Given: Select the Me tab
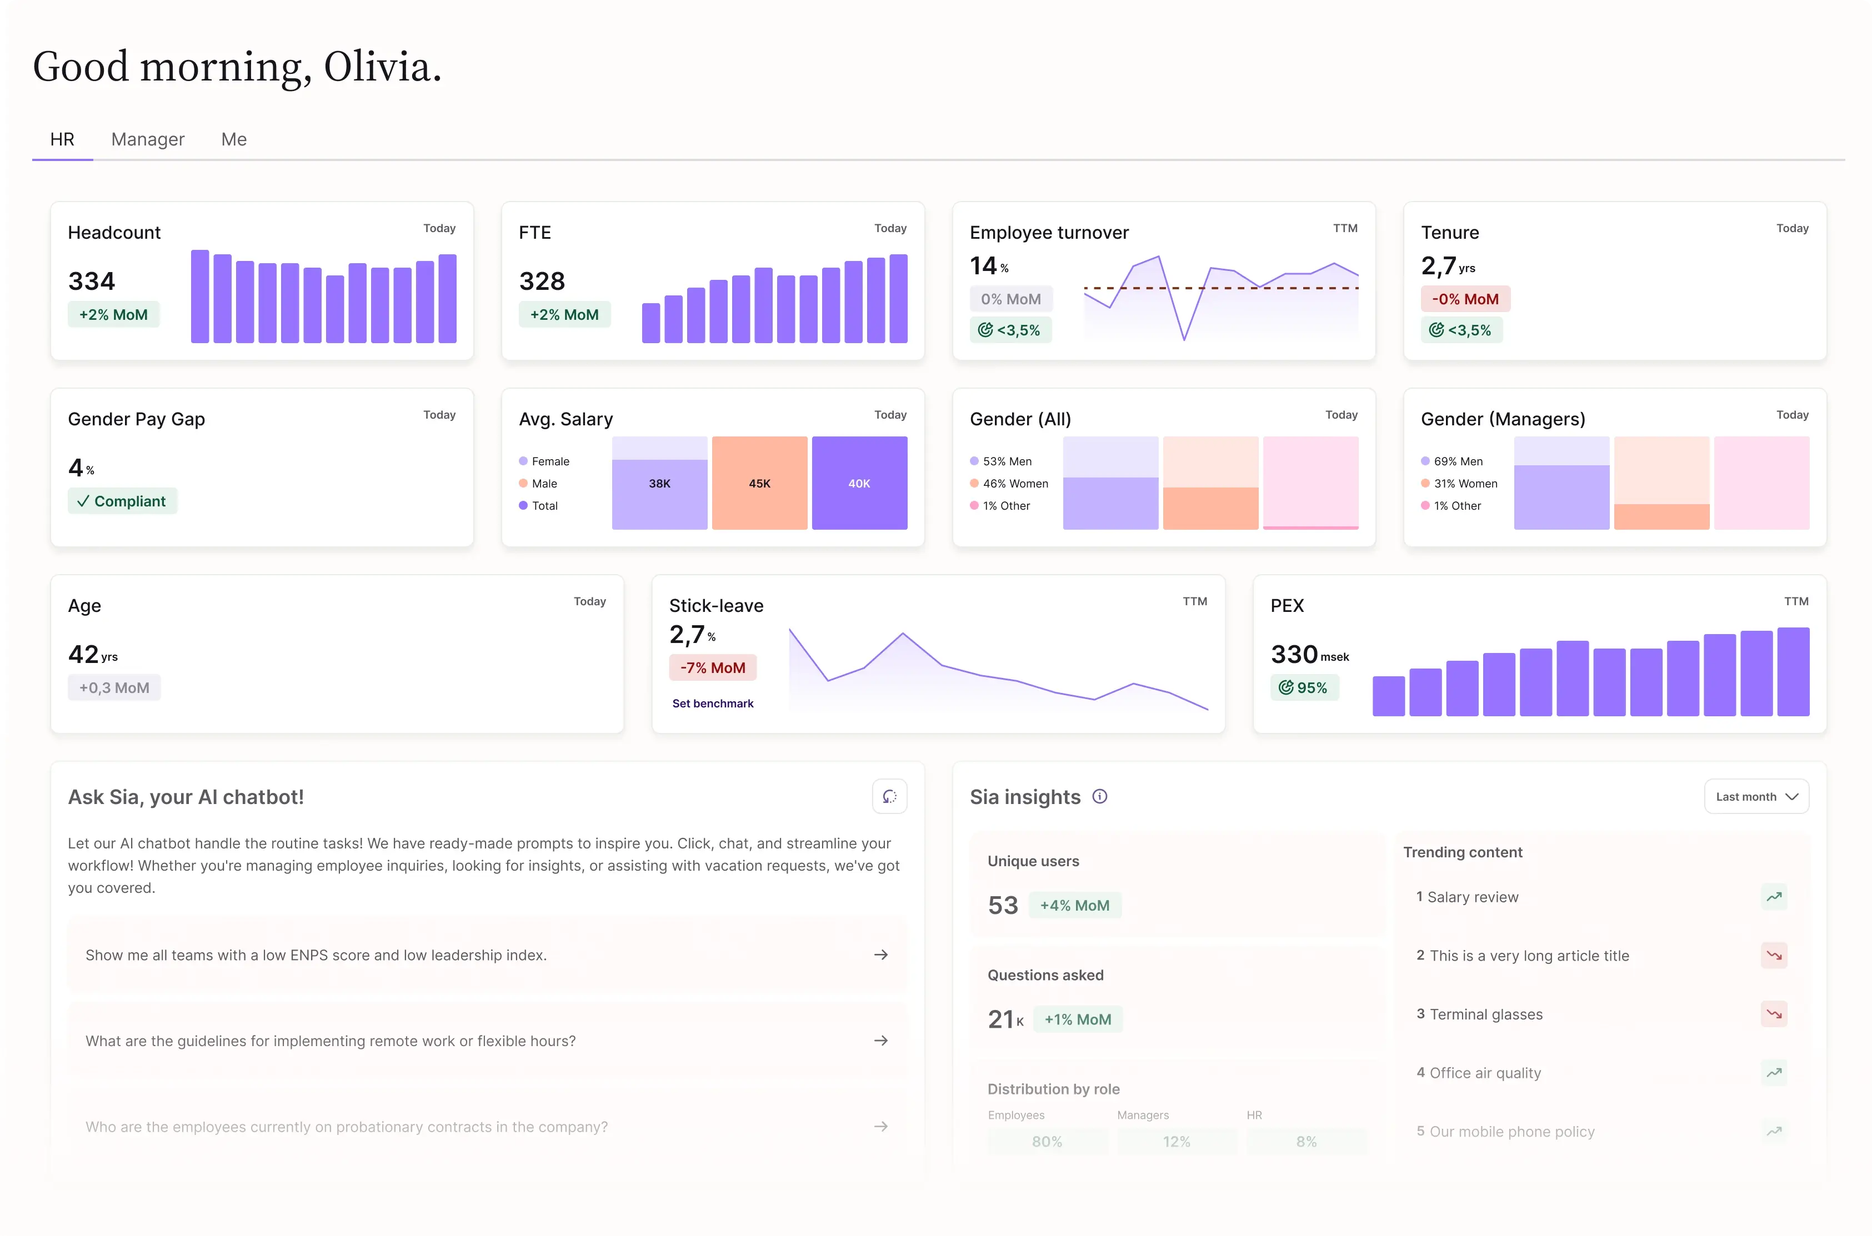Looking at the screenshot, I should pos(233,139).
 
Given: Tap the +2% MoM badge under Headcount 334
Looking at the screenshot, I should pos(113,314).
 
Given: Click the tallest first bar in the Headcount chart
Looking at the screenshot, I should pos(201,297).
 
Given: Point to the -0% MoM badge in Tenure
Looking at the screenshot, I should pos(1465,299).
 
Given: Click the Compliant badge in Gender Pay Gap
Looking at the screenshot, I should pos(122,501).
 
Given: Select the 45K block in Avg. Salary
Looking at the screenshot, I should pos(759,483).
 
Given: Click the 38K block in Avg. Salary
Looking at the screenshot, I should pos(659,483).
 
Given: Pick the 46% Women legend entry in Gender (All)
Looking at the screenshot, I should pos(1009,483).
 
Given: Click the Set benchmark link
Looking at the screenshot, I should pos(713,703).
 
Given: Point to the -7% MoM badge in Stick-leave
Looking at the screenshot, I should pos(713,667).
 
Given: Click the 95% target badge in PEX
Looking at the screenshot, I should pos(1304,687).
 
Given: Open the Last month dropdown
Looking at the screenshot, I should pos(1756,796).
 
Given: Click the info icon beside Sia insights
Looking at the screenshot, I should pos(1099,796).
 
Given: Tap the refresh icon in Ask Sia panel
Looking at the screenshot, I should pos(889,796).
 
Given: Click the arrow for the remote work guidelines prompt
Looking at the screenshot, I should pos(881,1041).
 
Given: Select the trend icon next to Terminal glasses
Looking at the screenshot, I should pos(1774,1014).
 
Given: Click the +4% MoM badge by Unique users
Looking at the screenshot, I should pos(1075,905).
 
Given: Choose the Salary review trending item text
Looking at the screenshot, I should pos(1472,897).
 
